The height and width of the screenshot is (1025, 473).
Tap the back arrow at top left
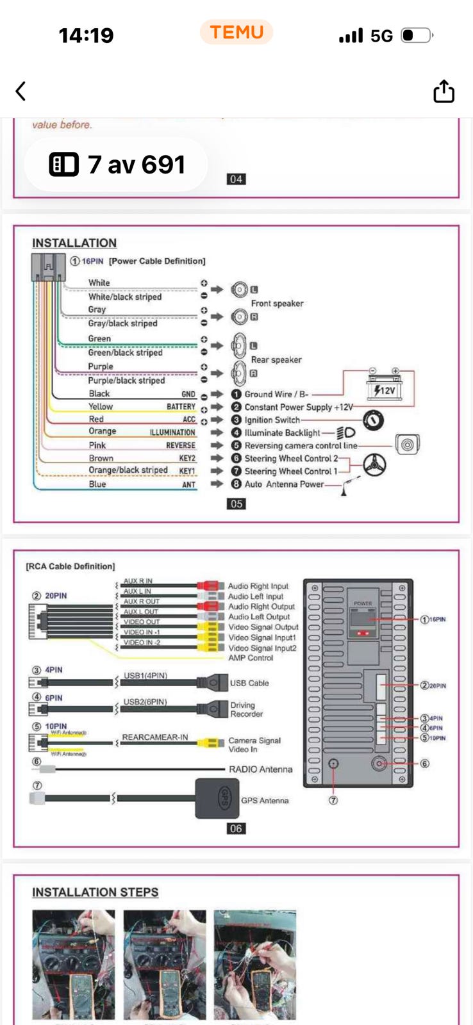pyautogui.click(x=21, y=92)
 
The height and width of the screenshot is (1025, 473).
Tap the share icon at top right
pyautogui.click(x=444, y=92)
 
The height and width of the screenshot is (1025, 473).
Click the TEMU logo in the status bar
pyautogui.click(x=236, y=32)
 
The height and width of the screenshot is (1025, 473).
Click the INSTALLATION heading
pyautogui.click(x=74, y=243)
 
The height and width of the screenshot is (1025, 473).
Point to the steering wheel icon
pyautogui.click(x=375, y=465)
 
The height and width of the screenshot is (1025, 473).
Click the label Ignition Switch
pyautogui.click(x=272, y=420)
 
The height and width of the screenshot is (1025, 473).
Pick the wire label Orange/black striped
pyautogui.click(x=128, y=470)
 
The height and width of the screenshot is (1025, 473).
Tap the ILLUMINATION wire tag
pyautogui.click(x=172, y=432)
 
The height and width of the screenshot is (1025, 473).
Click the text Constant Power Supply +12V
pyautogui.click(x=298, y=407)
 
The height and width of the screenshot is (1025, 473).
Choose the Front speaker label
pyautogui.click(x=277, y=303)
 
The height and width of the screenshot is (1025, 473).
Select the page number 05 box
pyautogui.click(x=236, y=504)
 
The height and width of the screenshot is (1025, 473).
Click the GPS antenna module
pyautogui.click(x=217, y=798)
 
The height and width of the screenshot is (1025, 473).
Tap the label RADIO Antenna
pyautogui.click(x=260, y=769)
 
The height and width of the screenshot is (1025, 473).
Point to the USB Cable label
pyautogui.click(x=249, y=683)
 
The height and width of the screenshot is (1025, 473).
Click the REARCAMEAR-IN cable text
pyautogui.click(x=155, y=737)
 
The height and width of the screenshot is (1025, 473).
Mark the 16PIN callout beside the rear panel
pyautogui.click(x=434, y=619)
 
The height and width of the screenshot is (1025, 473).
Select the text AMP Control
pyautogui.click(x=251, y=658)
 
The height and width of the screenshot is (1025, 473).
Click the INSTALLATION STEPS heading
pyautogui.click(x=95, y=892)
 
